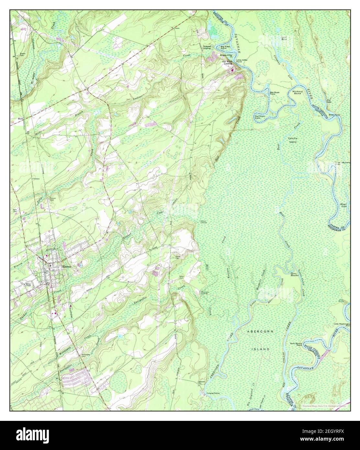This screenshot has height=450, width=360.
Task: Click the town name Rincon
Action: click(67, 266)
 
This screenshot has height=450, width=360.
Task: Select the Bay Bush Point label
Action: click(275, 94)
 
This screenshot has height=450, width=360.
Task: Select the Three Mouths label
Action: click(294, 274)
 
